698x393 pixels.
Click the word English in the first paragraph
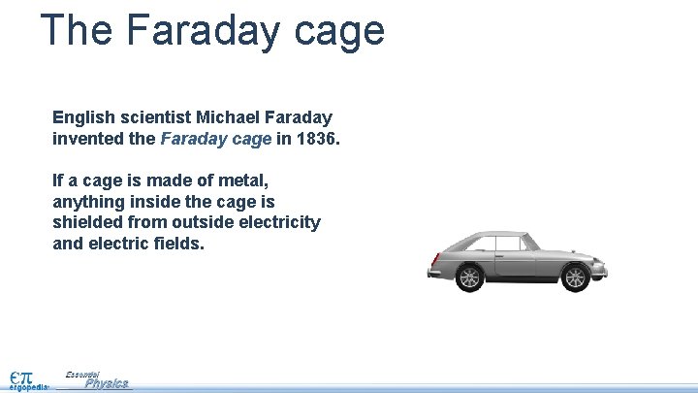point(82,116)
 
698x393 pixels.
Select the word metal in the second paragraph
point(244,180)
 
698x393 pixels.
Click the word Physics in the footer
point(107,383)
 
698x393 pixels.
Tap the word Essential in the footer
point(83,374)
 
